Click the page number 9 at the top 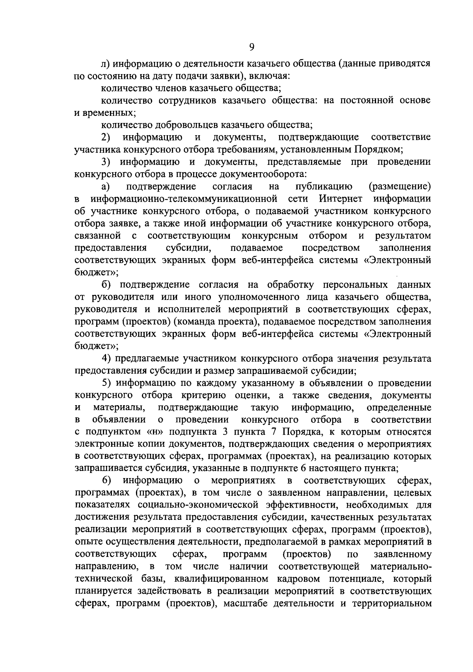click(252, 47)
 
